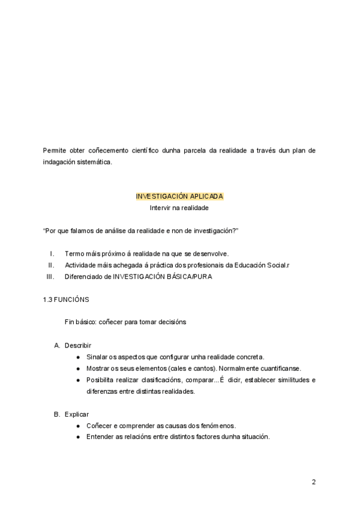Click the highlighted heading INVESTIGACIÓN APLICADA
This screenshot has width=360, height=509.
179,196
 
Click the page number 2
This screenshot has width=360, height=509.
313,481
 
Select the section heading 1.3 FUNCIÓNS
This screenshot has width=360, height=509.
67,299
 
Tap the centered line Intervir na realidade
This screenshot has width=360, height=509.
179,208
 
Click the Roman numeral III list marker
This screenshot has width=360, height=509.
50,277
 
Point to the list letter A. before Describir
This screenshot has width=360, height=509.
57,345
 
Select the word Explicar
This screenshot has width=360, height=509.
77,414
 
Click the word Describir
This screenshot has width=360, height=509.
78,345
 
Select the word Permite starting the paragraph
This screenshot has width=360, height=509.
55,150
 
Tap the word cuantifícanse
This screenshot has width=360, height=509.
279,368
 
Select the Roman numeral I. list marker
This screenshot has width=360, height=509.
52,253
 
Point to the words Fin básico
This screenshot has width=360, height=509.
80,322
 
